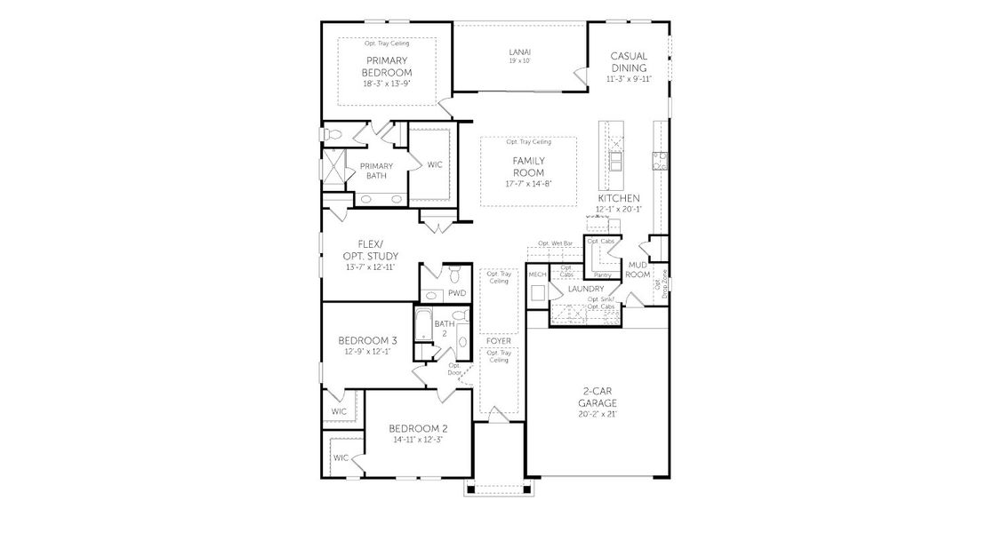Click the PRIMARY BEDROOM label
point(387,67)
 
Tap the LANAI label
point(520,52)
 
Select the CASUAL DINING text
point(630,61)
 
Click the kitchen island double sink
point(615,160)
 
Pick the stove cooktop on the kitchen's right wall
point(661,160)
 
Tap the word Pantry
point(602,274)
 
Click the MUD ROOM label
point(638,270)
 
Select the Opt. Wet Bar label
point(555,243)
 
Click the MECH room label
point(537,274)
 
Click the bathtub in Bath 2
point(423,330)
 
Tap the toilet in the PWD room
point(453,271)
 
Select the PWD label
point(457,293)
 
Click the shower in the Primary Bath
point(334,167)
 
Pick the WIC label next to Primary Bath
point(435,164)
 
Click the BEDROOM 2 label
point(417,428)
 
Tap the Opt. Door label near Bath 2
point(454,370)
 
